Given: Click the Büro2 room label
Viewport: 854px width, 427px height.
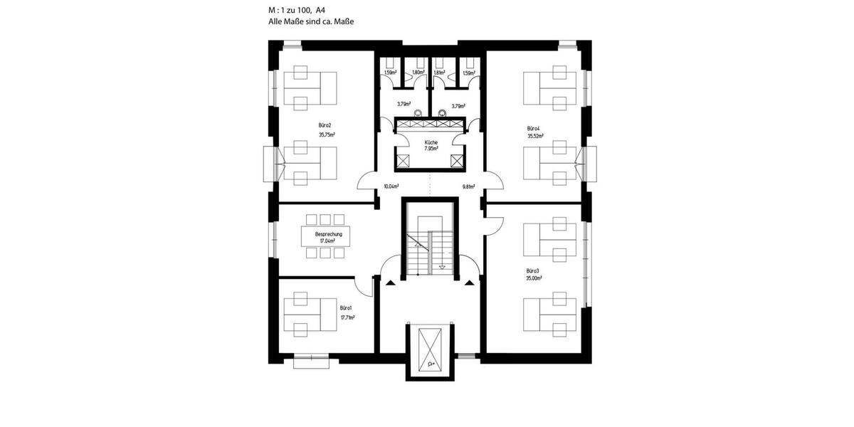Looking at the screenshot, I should point(325,125).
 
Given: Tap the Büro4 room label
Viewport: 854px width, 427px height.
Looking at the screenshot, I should point(534,129).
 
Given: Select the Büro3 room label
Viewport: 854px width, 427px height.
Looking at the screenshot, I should point(533,270).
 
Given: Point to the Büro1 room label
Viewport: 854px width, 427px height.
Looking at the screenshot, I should point(346,307).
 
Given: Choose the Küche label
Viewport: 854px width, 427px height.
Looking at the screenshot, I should point(431,142).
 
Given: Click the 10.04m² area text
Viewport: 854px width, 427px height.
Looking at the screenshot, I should point(391,186).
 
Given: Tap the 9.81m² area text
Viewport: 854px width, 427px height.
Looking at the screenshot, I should point(468,186).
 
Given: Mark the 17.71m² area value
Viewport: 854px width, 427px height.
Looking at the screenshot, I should point(347,317).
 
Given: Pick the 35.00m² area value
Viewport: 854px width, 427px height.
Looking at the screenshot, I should point(534,279).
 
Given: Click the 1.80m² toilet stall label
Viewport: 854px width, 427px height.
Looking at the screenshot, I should point(418,73).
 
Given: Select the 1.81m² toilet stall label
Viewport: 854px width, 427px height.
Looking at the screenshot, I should point(440,73).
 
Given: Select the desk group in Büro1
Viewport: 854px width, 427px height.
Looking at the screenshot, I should point(310,313).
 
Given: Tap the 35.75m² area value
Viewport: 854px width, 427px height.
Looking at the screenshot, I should point(327,134).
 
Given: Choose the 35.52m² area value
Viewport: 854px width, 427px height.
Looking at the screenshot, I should point(534,136).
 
